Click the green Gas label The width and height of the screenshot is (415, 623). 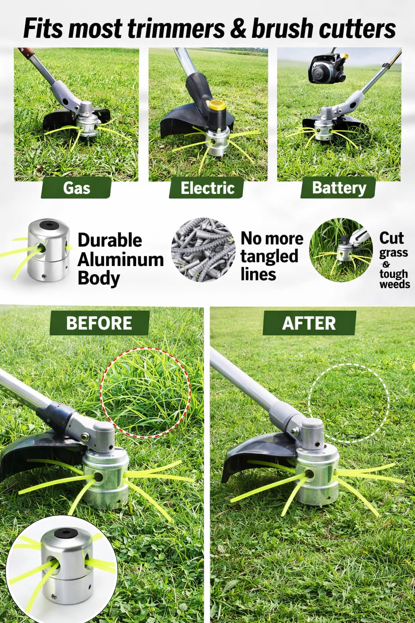coord(76,188)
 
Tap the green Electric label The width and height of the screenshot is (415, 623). coord(207,188)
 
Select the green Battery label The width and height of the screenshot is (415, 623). coord(338,187)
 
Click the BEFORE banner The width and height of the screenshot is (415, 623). coord(99,323)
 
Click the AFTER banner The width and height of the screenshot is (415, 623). coord(309,323)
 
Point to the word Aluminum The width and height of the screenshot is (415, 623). coord(121,260)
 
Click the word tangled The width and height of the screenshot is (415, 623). coord(270,256)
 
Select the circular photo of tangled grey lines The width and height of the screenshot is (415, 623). coord(203,250)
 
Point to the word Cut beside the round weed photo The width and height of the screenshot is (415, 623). coord(391,238)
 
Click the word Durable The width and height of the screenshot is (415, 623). coord(110,240)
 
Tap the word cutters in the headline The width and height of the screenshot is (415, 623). coord(357,28)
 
